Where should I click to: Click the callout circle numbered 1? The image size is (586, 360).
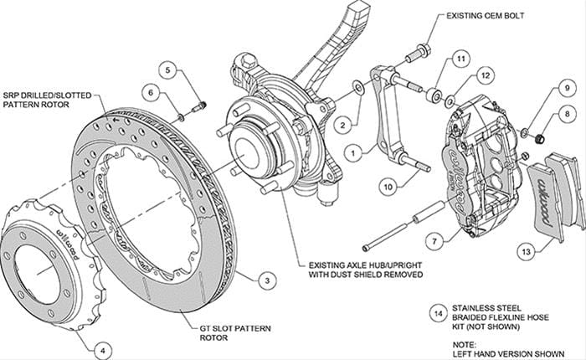[355, 153]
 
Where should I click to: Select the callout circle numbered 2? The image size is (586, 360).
[342, 125]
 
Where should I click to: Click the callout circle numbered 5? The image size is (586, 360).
[170, 70]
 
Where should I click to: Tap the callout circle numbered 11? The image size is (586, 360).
[460, 59]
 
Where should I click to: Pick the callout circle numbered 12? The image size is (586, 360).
[483, 76]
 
